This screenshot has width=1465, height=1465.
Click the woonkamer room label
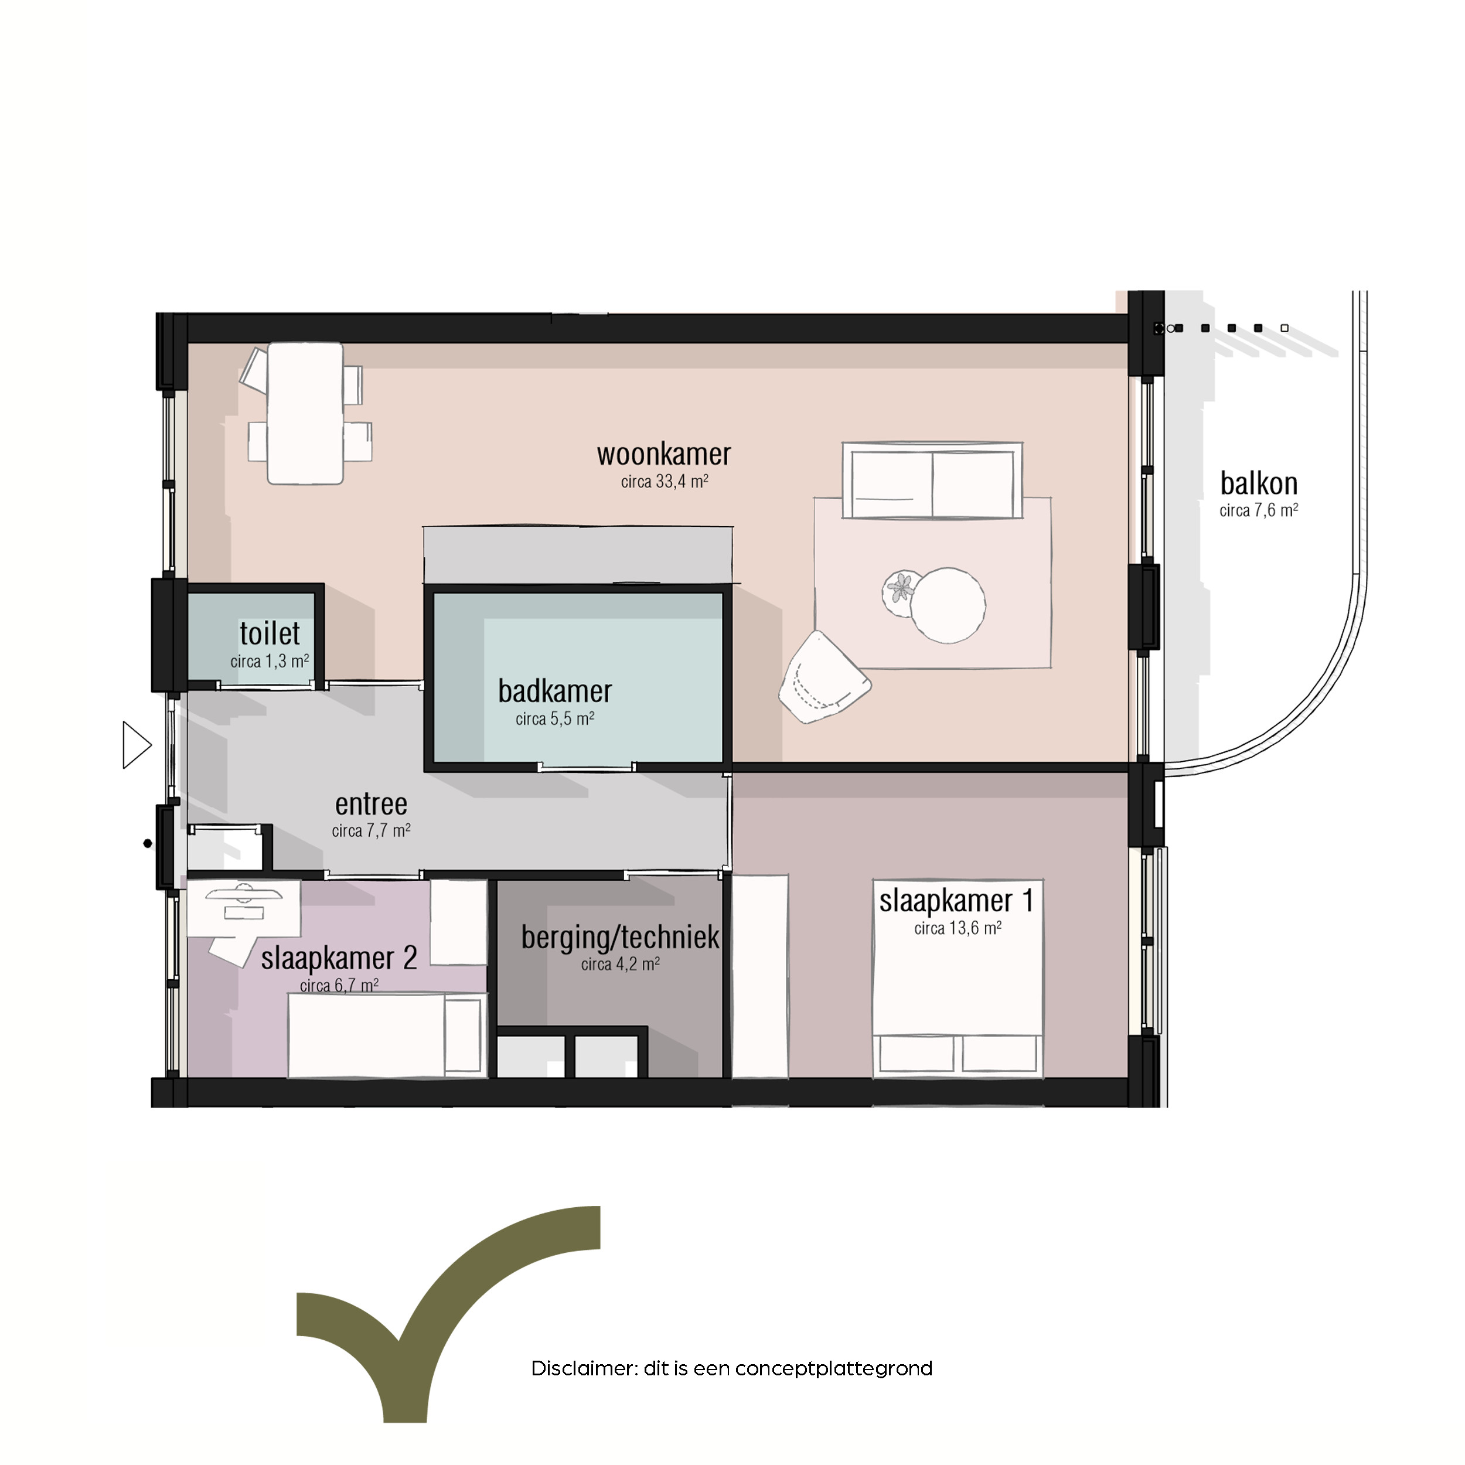(663, 454)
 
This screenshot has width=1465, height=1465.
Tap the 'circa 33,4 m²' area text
(665, 482)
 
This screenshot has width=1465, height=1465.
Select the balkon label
(1258, 483)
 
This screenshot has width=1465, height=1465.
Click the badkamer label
(554, 691)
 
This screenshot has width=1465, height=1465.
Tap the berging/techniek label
(619, 937)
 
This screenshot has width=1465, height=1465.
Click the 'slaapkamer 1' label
(956, 901)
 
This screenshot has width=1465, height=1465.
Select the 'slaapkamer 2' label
(339, 958)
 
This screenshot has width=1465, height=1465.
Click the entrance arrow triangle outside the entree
(137, 745)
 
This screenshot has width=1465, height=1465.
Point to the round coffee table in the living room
(948, 605)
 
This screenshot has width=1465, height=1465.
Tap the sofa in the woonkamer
(932, 481)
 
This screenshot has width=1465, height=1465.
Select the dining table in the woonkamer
(305, 413)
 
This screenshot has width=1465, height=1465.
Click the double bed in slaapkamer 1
(958, 978)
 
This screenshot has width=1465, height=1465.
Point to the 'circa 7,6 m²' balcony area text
(1259, 510)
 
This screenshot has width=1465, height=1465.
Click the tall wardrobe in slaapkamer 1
(760, 976)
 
